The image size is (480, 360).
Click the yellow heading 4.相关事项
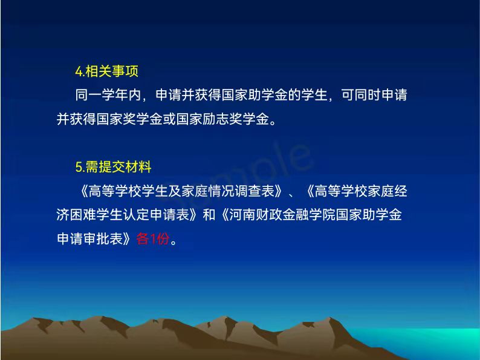(x=107, y=71)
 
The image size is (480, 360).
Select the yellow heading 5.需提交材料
(x=114, y=167)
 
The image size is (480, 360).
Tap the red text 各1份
(x=153, y=238)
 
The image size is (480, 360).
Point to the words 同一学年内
(x=108, y=94)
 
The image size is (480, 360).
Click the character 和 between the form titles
(x=209, y=214)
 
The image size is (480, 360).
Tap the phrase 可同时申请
(x=374, y=94)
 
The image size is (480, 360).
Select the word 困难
(x=83, y=214)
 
